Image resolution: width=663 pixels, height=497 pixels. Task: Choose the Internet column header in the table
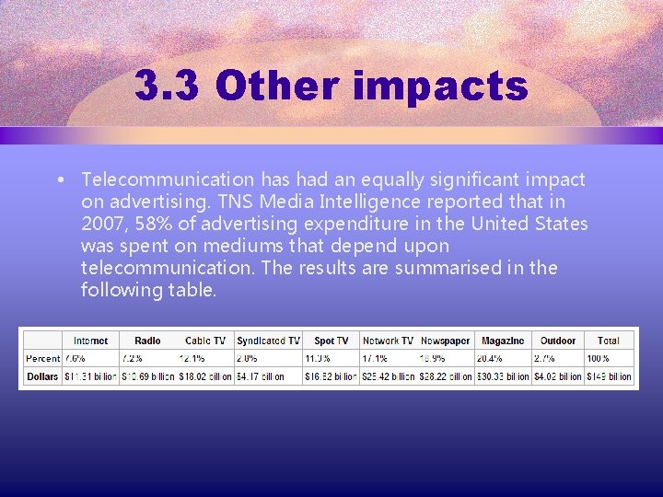90,341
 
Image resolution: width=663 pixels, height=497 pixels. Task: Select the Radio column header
147,341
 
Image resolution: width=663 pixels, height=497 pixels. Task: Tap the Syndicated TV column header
267,341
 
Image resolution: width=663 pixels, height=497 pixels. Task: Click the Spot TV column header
331,341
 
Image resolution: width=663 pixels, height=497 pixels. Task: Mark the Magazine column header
502,341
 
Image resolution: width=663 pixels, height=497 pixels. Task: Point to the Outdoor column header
558,341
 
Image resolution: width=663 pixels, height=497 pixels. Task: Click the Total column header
609,341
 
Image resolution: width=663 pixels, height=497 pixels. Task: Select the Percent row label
42,358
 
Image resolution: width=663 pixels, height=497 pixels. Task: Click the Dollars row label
42,376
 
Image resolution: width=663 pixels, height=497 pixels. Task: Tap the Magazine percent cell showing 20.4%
489,358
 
